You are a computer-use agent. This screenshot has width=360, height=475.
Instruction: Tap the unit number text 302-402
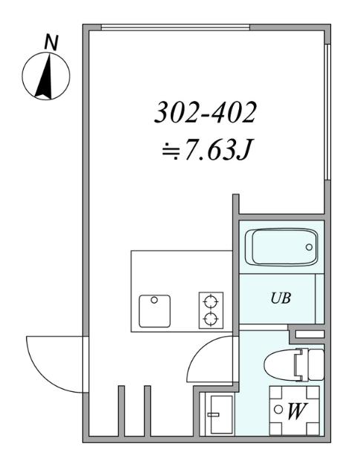tap(205, 113)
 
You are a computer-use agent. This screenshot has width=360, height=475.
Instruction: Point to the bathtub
tap(284, 247)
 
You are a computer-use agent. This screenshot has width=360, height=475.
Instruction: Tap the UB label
tap(280, 298)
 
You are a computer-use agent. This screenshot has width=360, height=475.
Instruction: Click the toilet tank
tap(315, 363)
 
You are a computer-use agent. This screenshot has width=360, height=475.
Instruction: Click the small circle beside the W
tap(278, 409)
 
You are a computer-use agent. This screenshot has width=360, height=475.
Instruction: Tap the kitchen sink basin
tap(154, 311)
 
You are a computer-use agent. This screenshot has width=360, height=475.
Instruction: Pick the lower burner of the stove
tap(211, 320)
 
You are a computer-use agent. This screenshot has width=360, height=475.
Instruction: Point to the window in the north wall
tap(175, 28)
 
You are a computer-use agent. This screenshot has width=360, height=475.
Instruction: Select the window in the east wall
tap(327, 111)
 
